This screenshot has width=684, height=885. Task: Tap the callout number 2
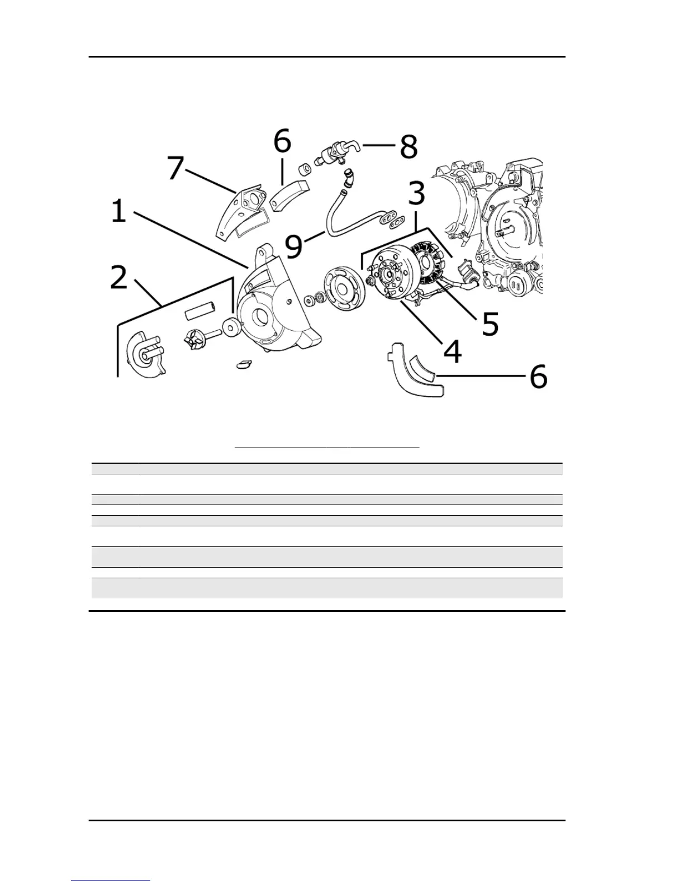pyautogui.click(x=118, y=277)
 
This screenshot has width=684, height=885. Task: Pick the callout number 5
pyautogui.click(x=490, y=323)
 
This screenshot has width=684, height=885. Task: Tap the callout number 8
pyautogui.click(x=408, y=147)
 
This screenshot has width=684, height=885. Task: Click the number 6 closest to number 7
pyautogui.click(x=282, y=141)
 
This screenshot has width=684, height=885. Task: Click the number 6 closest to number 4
pyautogui.click(x=538, y=377)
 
